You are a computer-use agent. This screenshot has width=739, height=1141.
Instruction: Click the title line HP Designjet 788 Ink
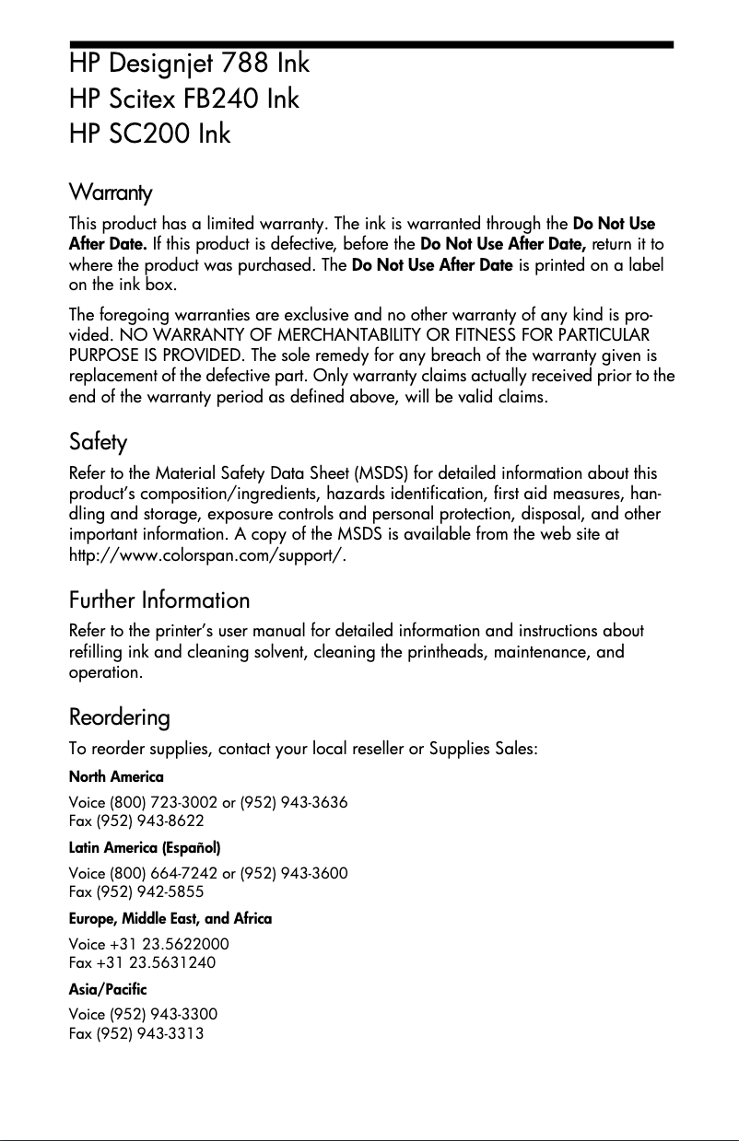(x=189, y=64)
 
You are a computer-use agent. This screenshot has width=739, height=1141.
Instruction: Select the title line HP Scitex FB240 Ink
(x=184, y=99)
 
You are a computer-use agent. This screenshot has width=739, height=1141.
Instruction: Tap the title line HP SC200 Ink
(x=150, y=134)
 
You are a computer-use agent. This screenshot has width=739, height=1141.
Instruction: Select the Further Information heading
(x=159, y=600)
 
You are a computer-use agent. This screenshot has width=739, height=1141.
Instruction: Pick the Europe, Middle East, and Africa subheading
(x=170, y=918)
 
